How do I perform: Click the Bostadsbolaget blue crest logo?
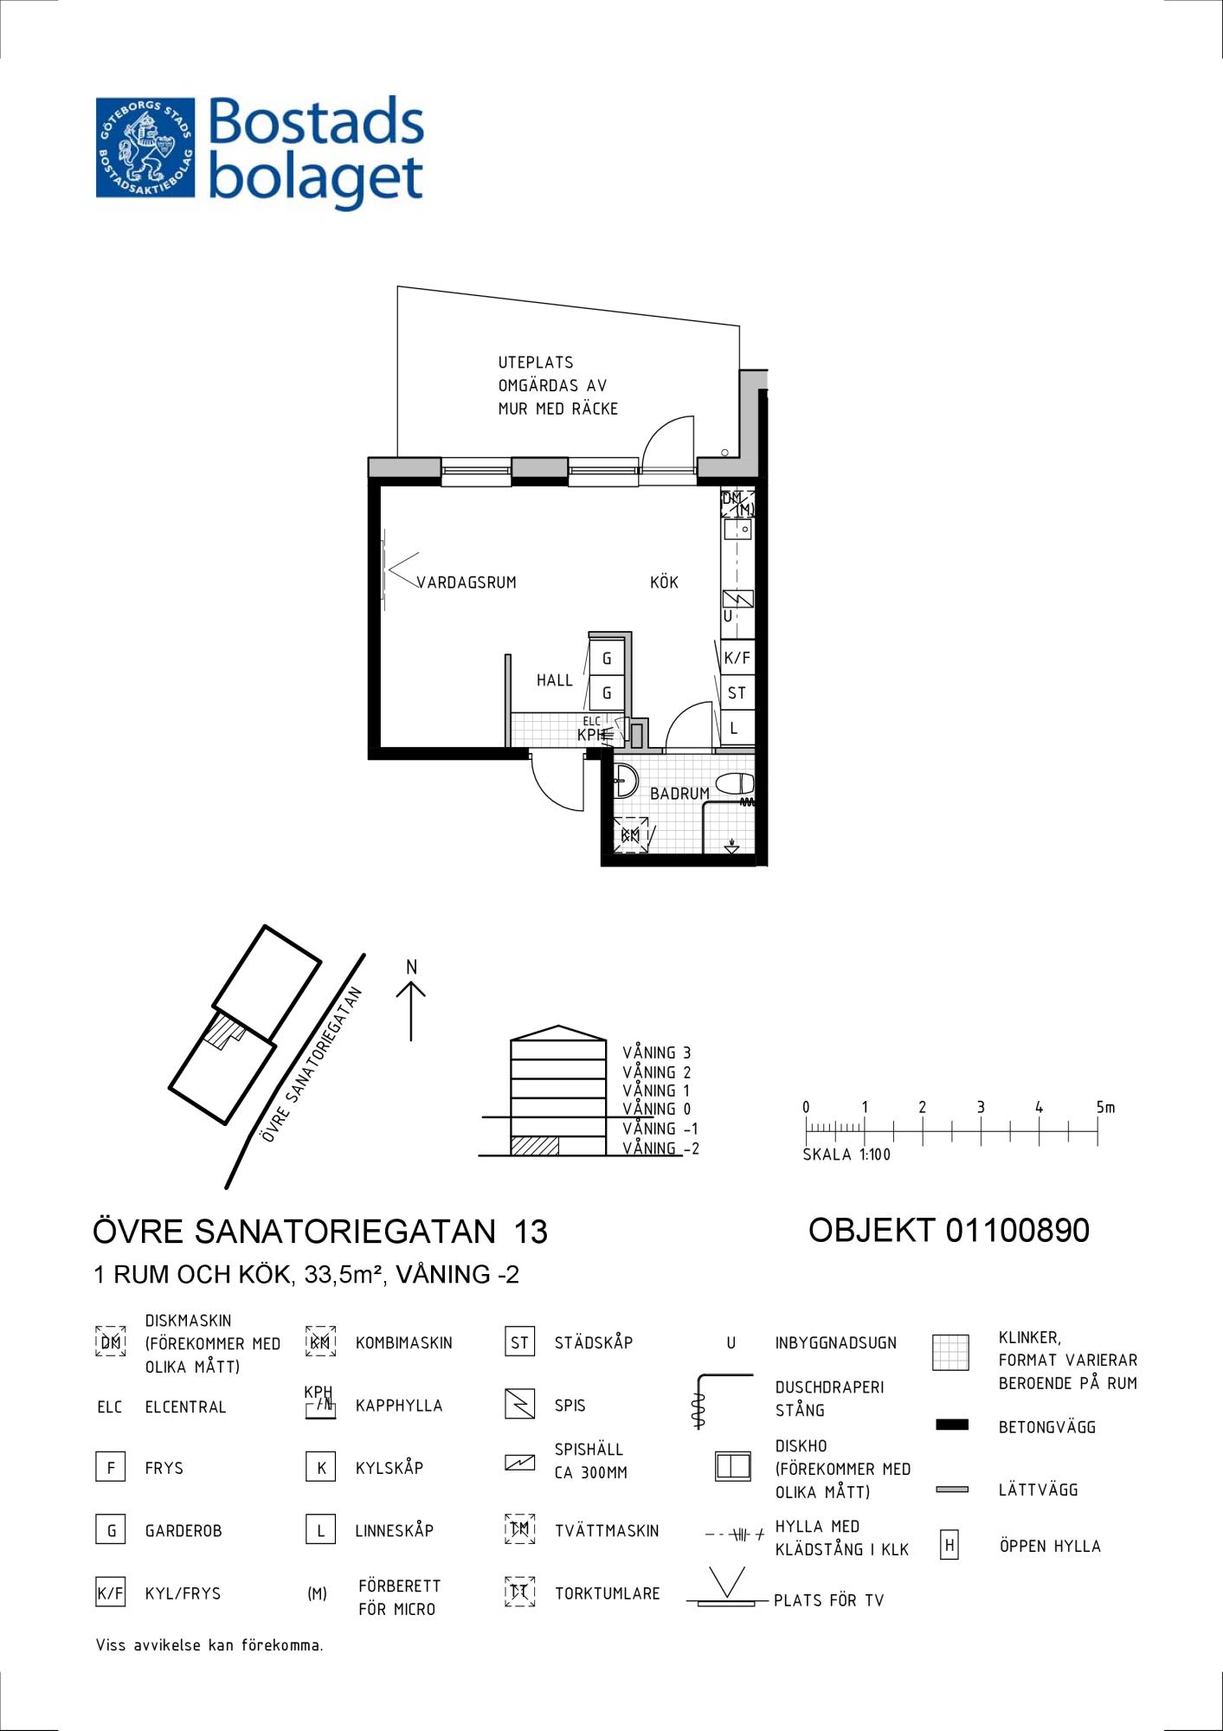tap(145, 147)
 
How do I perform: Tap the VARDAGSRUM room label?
tap(467, 582)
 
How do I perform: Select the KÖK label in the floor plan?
tap(664, 582)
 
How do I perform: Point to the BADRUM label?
tap(679, 793)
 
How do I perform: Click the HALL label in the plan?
tap(554, 680)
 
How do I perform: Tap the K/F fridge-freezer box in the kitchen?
tap(737, 658)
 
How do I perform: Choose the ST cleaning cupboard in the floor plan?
tap(737, 692)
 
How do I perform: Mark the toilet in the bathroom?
tap(736, 784)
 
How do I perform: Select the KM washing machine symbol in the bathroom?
tap(631, 835)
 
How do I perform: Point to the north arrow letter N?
tap(412, 967)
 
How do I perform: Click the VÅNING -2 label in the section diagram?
tap(660, 1149)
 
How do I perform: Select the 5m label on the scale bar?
tap(1105, 1107)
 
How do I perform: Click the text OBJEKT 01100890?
tap(949, 1230)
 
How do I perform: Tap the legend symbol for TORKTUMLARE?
tap(519, 1593)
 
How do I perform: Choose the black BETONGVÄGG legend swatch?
tap(952, 1425)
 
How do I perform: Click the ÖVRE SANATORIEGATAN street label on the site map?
tap(312, 1065)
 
